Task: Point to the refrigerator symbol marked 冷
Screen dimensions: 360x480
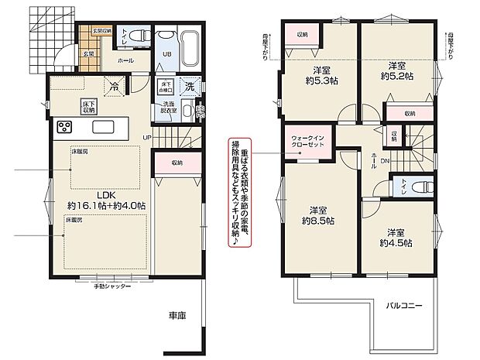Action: point(115,87)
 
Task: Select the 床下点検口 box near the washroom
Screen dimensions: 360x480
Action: point(164,87)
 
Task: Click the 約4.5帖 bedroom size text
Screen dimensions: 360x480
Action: point(396,242)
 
